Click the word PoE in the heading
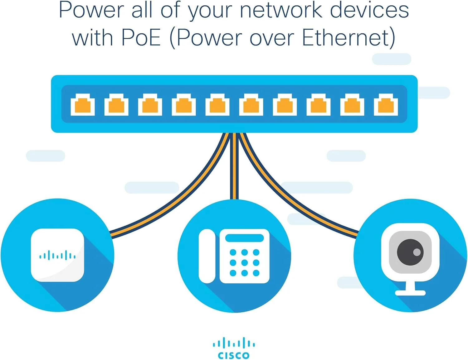pyautogui.click(x=141, y=38)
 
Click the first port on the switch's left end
pyautogui.click(x=83, y=105)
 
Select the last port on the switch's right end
pyautogui.click(x=386, y=105)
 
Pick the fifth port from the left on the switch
pyautogui.click(x=217, y=105)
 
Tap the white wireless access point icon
pyautogui.click(x=57, y=255)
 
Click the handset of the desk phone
pyautogui.click(x=207, y=256)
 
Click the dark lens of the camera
pyautogui.click(x=410, y=252)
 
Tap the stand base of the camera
pyautogui.click(x=410, y=293)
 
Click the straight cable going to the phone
pyautogui.click(x=234, y=168)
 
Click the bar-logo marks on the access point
pyautogui.click(x=57, y=256)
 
